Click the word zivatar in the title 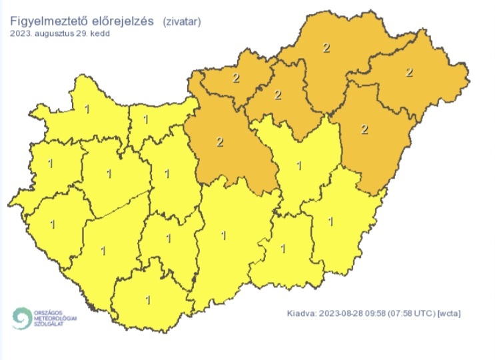coord(182,22)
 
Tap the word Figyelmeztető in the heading coord(45,22)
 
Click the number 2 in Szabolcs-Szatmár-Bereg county coord(409,72)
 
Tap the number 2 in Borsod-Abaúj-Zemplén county coord(326,47)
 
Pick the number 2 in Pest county coord(221,141)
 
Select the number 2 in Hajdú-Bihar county coord(364,129)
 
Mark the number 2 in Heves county coord(278,95)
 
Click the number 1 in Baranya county coord(148,299)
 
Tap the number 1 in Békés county coord(332,220)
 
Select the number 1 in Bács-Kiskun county coord(223,235)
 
